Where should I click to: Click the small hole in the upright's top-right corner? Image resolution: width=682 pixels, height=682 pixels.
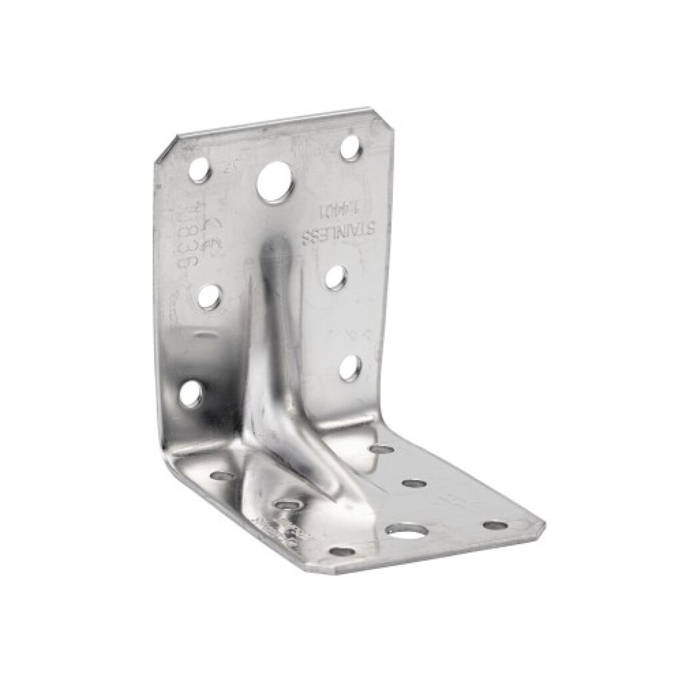[x=351, y=148]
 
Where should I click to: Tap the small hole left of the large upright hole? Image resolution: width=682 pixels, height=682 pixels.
[x=199, y=170]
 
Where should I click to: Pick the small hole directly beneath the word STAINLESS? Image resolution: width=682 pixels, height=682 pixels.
[x=336, y=277]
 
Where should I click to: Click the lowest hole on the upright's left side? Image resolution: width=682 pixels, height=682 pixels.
[x=190, y=394]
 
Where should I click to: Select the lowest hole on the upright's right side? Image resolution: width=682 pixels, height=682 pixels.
[x=350, y=368]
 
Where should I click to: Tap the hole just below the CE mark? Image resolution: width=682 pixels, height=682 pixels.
[x=209, y=297]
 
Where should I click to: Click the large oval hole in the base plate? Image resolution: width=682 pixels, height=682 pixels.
[x=406, y=531]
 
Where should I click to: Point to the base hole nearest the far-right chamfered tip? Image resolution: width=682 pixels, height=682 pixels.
[x=495, y=525]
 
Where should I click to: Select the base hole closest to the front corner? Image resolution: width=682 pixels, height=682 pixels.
[x=342, y=551]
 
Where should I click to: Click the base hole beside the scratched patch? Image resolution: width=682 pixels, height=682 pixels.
[x=288, y=505]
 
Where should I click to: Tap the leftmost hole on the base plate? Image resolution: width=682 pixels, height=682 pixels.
[x=222, y=476]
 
